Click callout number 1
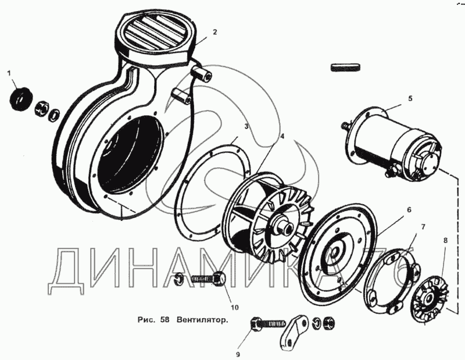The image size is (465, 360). (x=9, y=73)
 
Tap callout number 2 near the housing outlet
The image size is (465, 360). (x=215, y=32)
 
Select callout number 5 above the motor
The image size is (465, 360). (x=410, y=98)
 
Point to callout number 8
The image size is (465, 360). (x=445, y=240)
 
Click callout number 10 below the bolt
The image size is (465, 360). (x=235, y=308)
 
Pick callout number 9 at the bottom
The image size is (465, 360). (x=238, y=354)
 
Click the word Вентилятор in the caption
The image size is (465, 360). (x=203, y=320)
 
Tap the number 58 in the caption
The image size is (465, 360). (x=164, y=320)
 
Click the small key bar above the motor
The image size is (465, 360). (x=345, y=67)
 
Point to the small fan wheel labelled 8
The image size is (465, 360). (x=430, y=298)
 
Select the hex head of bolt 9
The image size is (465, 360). (x=256, y=323)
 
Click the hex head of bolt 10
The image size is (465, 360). (x=220, y=279)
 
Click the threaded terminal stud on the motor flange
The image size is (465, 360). (x=346, y=125)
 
